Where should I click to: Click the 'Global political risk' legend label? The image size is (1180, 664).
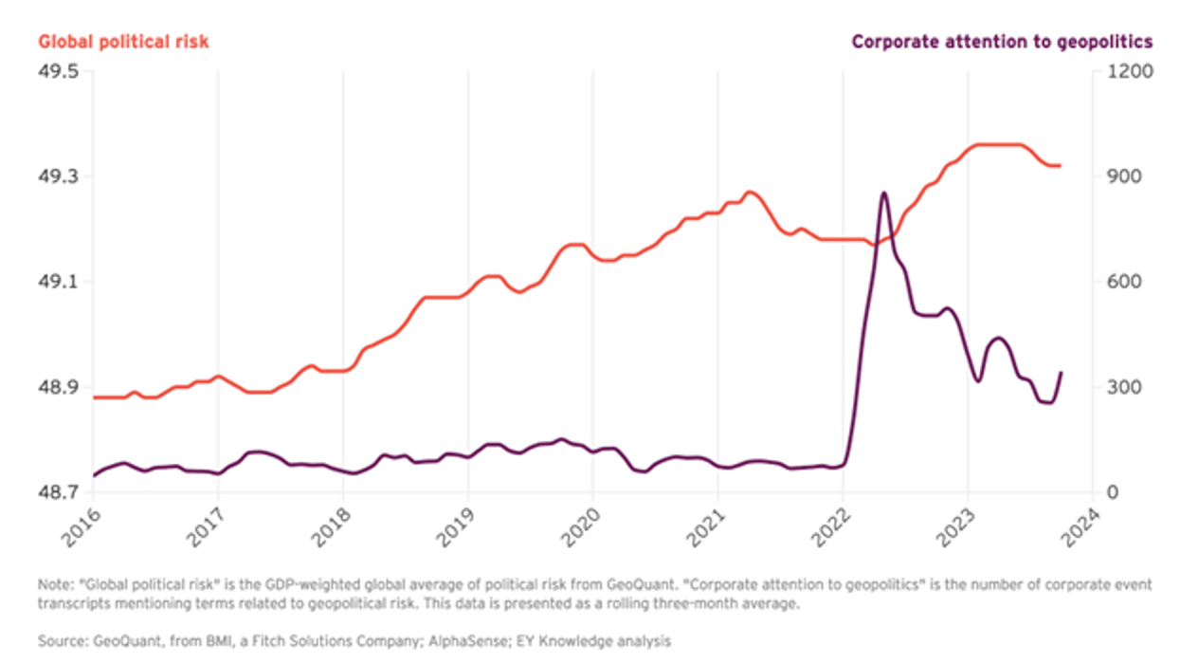tap(123, 42)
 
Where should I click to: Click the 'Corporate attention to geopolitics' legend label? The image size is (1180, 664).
tap(1002, 42)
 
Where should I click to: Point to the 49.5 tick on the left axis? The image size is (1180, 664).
tap(59, 71)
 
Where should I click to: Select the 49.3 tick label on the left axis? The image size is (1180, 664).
tap(59, 176)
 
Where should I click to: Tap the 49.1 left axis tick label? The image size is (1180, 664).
tap(59, 282)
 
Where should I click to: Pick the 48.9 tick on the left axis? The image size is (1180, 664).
tap(59, 387)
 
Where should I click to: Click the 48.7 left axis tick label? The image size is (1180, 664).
tap(59, 492)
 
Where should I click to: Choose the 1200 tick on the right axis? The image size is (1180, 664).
tap(1127, 71)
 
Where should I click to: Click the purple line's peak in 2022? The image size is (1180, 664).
tap(883, 193)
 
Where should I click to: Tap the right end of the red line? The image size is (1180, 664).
tap(1061, 166)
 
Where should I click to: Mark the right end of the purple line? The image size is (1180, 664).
tap(1061, 373)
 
